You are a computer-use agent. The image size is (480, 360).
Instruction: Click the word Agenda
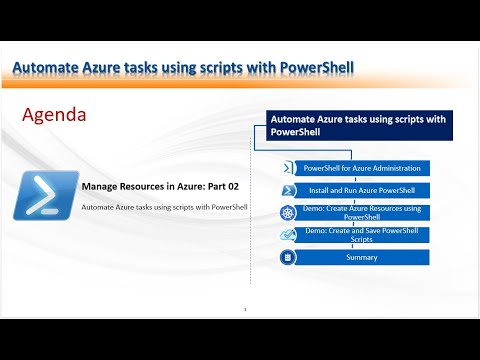[x=54, y=115]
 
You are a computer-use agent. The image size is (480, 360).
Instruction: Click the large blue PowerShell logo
[x=41, y=195]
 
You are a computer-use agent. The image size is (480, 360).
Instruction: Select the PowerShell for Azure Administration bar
[x=361, y=168]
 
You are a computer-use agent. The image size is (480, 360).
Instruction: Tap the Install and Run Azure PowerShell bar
[x=361, y=190]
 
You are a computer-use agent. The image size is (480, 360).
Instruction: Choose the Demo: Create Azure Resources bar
[x=361, y=212]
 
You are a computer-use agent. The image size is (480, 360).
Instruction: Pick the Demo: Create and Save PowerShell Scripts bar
[x=361, y=235]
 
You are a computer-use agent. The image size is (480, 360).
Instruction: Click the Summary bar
[x=361, y=257]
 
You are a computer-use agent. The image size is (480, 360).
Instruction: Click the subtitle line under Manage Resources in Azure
[x=164, y=207]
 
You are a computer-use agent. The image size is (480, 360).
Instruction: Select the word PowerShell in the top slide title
[x=309, y=67]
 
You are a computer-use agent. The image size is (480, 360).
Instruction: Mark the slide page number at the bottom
[x=245, y=311]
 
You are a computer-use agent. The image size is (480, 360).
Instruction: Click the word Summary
[x=361, y=257]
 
